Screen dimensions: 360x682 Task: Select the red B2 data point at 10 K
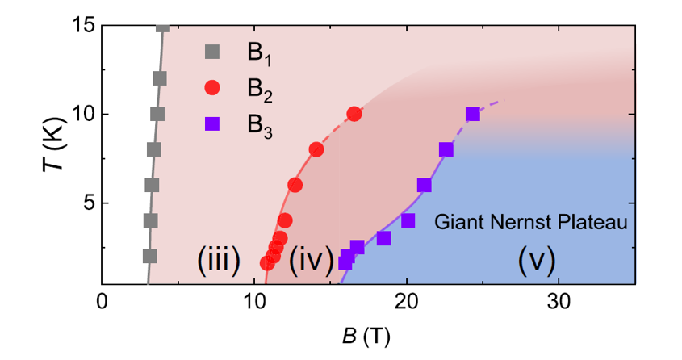[x=354, y=114]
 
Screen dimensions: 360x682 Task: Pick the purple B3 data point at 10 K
[x=473, y=114]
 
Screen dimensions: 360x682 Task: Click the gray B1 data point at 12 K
[x=160, y=78]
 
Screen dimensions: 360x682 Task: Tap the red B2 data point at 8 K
[x=316, y=149]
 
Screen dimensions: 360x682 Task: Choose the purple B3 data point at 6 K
[x=424, y=185]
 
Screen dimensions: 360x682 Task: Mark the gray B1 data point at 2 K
[x=149, y=256]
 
